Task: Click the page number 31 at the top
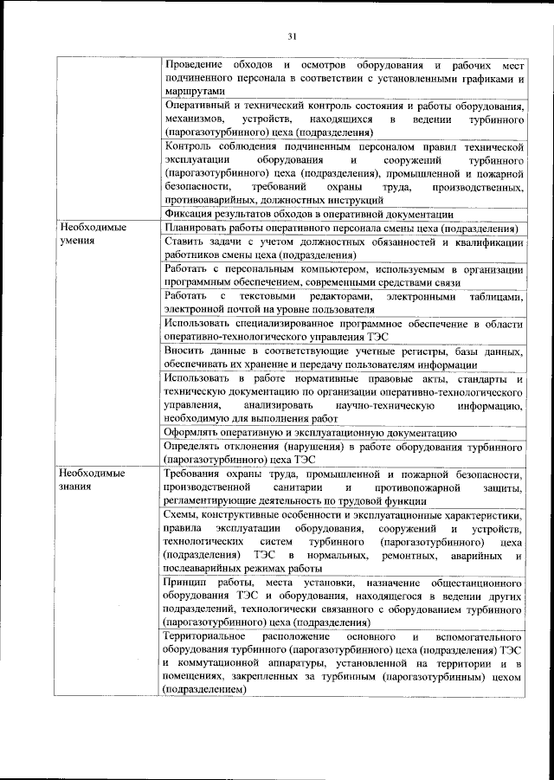click(292, 35)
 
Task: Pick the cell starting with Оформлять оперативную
click(309, 432)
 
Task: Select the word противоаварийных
click(205, 199)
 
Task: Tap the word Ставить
click(183, 243)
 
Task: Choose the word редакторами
click(326, 297)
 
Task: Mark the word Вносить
click(184, 351)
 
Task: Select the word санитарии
click(309, 488)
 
